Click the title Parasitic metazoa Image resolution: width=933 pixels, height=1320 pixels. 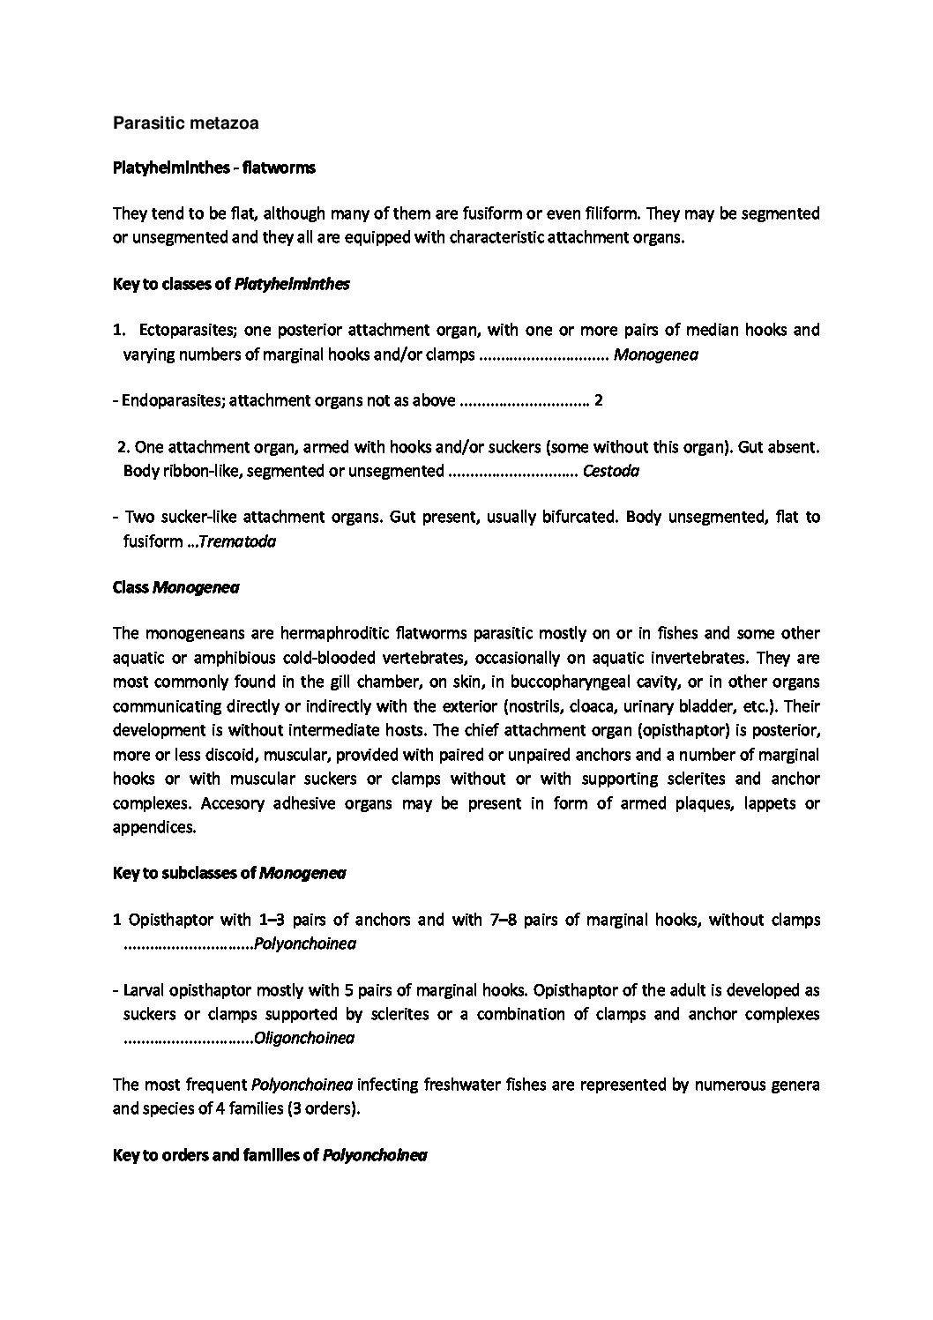[185, 123]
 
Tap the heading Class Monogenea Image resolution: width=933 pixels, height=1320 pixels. [176, 589]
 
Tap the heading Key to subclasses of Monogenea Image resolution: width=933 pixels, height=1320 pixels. [229, 874]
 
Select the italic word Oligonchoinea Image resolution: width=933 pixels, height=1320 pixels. [303, 1039]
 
